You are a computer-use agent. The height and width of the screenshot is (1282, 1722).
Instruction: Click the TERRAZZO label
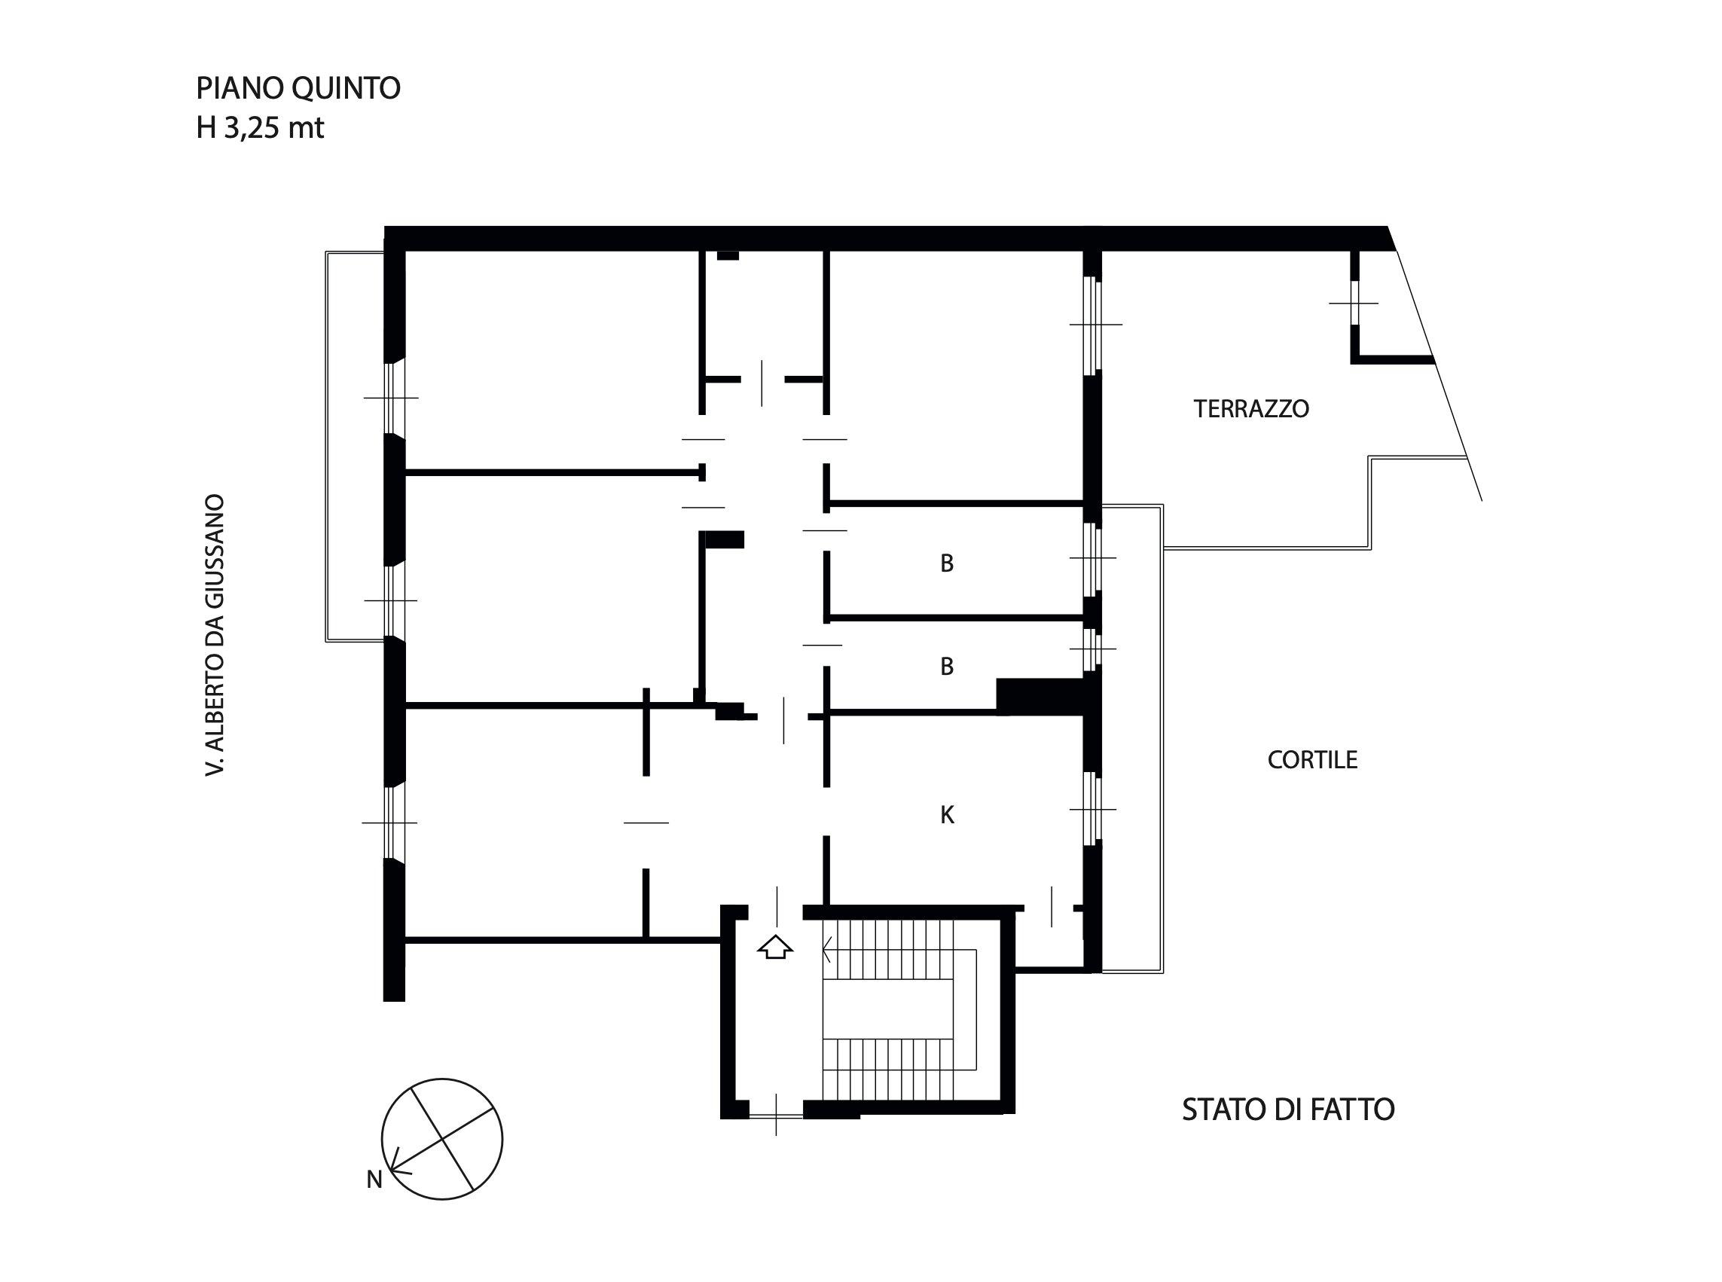pos(1251,409)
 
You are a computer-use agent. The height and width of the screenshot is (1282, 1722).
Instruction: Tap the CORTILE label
pos(1312,760)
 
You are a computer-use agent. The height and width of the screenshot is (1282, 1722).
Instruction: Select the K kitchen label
pos(947,814)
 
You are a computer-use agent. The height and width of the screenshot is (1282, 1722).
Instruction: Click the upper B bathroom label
pos(947,563)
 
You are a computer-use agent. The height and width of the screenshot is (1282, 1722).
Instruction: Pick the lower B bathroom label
pos(947,666)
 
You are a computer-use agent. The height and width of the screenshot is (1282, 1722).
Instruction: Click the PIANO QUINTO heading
pos(298,88)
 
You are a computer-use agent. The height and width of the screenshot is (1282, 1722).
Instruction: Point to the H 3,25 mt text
pos(260,127)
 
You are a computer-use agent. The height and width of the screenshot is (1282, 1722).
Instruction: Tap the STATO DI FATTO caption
pos(1288,1110)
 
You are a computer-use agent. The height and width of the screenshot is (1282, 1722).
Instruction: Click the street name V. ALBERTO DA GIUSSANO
pos(214,635)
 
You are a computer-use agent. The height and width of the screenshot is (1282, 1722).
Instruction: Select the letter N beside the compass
pos(374,1180)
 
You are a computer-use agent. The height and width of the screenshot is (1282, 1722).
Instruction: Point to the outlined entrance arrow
pos(774,947)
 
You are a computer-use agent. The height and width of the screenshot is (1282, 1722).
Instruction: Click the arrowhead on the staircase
pos(827,949)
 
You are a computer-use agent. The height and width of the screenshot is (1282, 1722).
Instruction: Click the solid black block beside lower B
pos(1040,696)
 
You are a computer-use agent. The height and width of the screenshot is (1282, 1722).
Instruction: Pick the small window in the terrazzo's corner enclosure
pos(1355,303)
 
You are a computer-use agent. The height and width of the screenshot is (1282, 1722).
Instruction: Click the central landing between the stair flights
pos(888,1008)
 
